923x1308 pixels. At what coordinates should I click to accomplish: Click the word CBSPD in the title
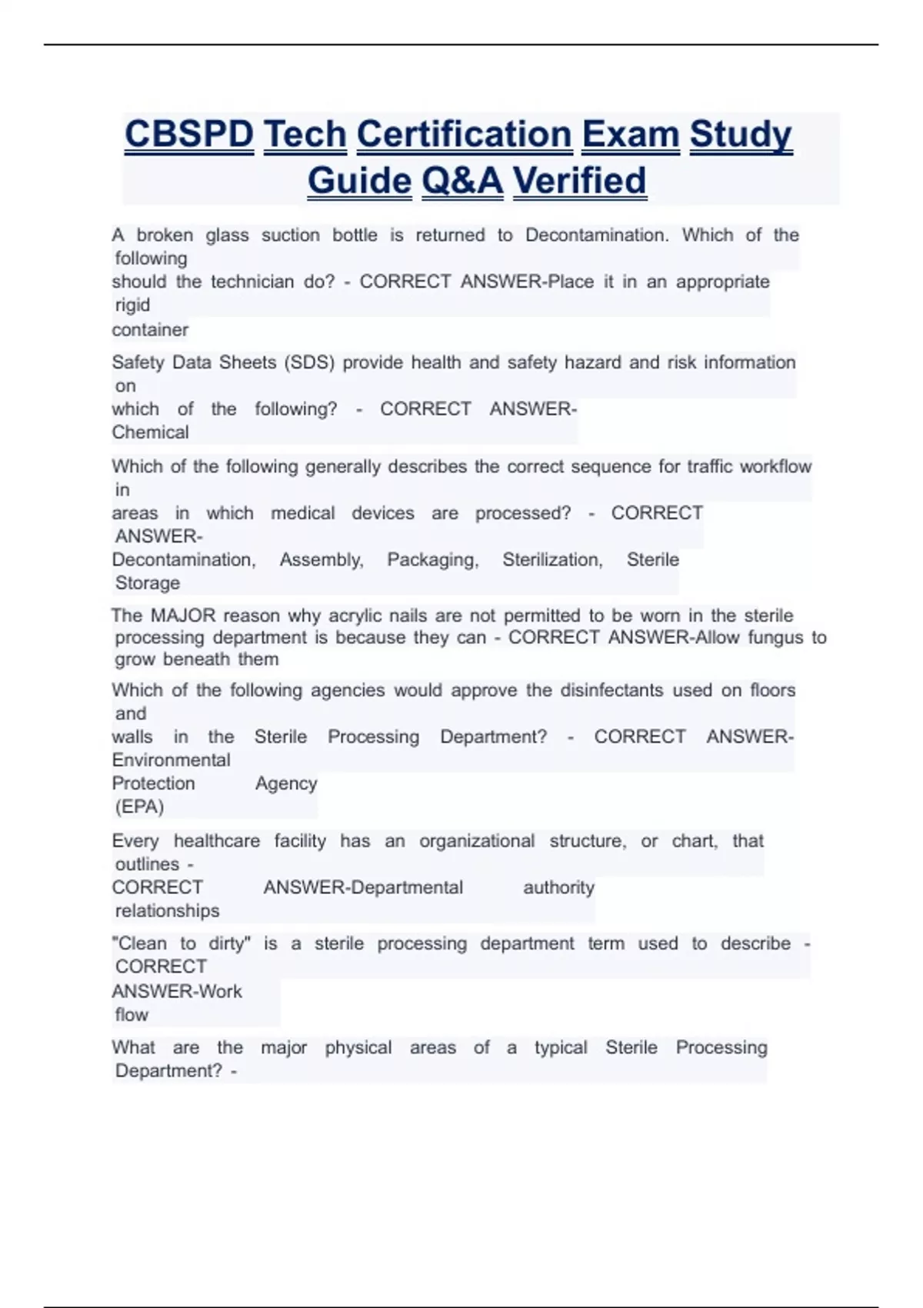[188, 135]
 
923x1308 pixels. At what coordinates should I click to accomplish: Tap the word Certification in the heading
[464, 135]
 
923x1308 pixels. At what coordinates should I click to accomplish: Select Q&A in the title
[462, 182]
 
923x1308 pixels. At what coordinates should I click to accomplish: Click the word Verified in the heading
[579, 182]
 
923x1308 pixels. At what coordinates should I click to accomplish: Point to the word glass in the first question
[227, 235]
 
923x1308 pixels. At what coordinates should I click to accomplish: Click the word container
[150, 330]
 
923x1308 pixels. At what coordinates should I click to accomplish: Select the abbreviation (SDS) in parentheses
[309, 362]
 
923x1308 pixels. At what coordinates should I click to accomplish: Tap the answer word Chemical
[150, 432]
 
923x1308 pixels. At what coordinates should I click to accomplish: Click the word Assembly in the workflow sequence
[321, 560]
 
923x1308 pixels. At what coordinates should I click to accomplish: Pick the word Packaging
[432, 560]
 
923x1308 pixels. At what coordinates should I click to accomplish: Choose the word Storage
[148, 583]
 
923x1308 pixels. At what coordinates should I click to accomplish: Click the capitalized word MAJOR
[183, 616]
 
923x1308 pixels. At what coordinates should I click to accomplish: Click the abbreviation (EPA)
[139, 807]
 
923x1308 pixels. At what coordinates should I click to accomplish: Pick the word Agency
[286, 783]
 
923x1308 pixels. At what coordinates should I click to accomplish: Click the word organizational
[477, 841]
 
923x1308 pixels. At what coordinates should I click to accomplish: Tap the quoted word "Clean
[139, 944]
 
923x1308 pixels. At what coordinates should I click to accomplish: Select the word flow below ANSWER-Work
[132, 1015]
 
